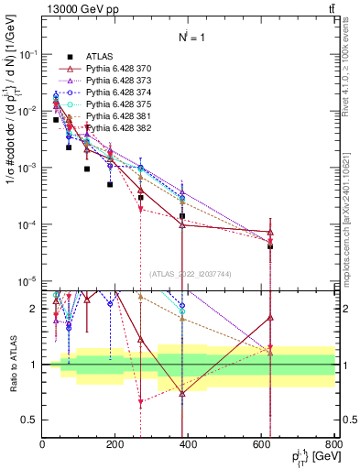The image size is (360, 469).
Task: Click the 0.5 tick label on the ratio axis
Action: [x=29, y=420]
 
